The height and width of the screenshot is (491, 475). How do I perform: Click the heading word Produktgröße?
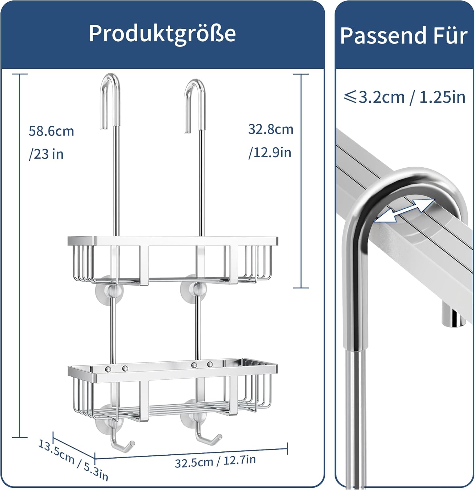(162, 34)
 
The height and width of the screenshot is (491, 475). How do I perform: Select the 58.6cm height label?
(51, 131)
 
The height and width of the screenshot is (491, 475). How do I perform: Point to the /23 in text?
(46, 154)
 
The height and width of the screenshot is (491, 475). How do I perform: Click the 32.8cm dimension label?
(271, 129)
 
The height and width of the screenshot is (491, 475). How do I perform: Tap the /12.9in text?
(270, 153)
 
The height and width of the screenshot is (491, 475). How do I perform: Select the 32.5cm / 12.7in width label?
(215, 461)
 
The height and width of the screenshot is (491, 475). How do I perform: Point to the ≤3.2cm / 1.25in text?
(405, 97)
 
